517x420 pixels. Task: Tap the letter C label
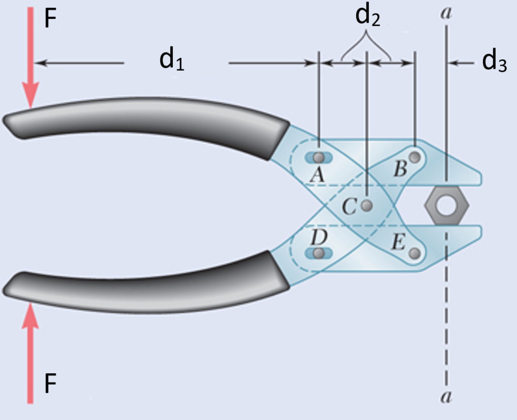tap(349, 207)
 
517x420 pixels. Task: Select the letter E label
tap(398, 244)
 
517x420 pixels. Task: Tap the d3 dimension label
tap(494, 63)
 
